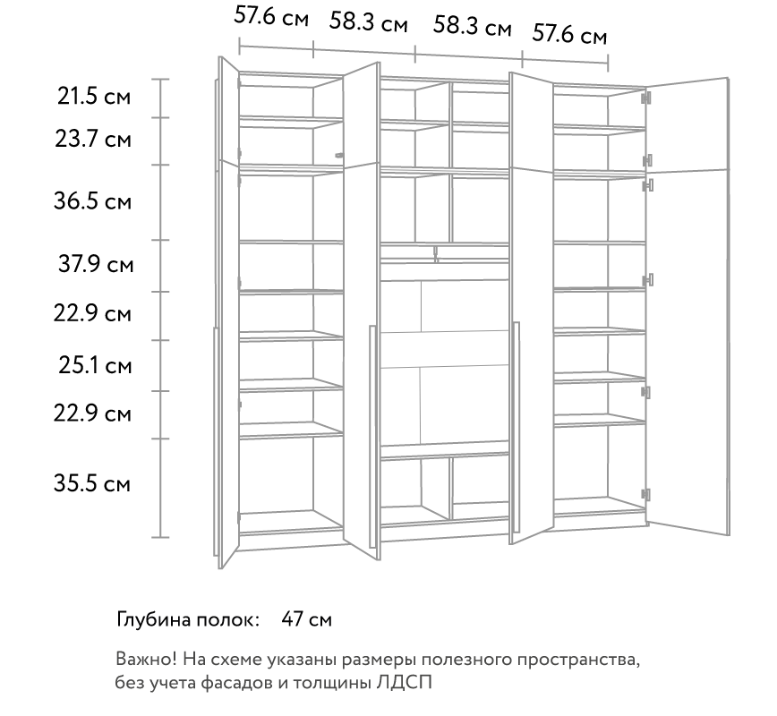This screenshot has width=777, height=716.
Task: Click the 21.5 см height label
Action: click(94, 96)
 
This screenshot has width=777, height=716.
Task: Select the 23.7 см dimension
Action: click(93, 139)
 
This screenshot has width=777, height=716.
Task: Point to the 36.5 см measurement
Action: click(93, 201)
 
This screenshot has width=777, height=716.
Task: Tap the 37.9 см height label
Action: click(96, 264)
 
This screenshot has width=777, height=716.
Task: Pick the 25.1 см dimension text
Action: click(95, 366)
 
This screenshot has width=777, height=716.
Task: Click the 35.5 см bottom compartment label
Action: click(92, 483)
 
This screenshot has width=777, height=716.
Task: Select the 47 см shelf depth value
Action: click(307, 619)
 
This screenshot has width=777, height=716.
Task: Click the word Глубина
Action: click(154, 620)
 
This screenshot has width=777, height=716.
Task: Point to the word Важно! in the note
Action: click(146, 659)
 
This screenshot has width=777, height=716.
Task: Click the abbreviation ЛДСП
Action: click(404, 682)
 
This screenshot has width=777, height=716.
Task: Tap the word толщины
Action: click(332, 683)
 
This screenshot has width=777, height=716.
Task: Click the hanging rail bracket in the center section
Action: click(436, 254)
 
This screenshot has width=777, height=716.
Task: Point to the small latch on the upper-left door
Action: click(339, 156)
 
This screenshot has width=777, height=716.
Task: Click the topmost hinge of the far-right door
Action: click(646, 98)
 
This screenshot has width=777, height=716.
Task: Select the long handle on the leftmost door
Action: click(215, 447)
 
